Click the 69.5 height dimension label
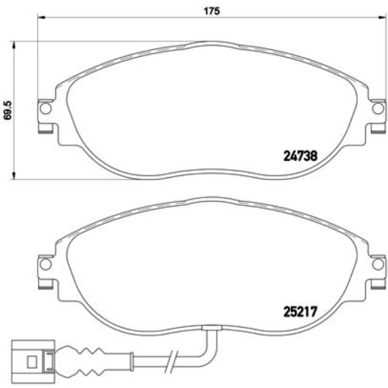coord(8,110)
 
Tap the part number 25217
coord(298,311)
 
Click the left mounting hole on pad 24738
coord(45,109)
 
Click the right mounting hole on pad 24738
coord(377,109)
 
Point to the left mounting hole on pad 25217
coord(45,263)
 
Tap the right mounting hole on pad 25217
coord(377,263)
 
